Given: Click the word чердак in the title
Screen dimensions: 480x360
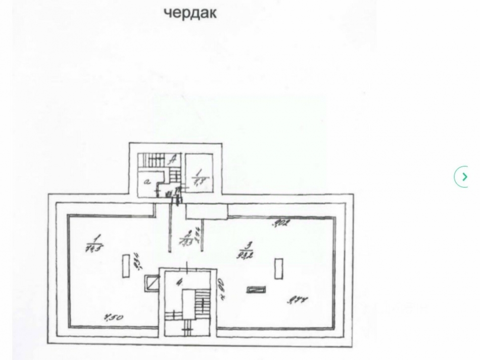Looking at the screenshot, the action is (190, 13).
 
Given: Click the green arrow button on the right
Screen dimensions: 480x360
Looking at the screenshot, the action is (462, 177).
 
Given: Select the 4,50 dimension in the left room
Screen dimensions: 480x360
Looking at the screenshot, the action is (114, 319).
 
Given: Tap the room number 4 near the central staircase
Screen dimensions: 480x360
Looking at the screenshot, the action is (179, 283).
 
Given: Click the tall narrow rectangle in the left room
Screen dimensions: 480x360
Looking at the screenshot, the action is (125, 265).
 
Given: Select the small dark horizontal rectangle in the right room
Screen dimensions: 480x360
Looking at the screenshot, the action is (254, 289).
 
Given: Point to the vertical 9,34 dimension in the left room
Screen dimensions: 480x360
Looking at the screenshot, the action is (137, 261).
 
